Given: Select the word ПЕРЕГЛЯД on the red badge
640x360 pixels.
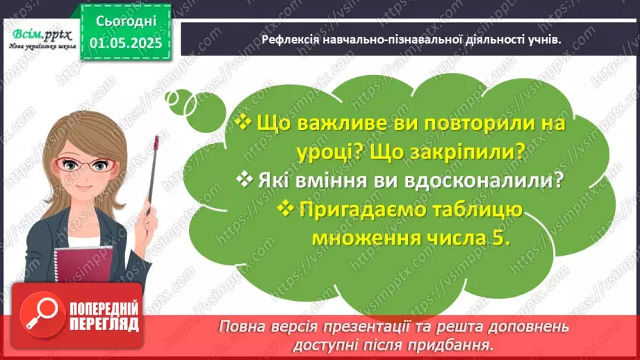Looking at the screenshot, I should (x=104, y=324).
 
